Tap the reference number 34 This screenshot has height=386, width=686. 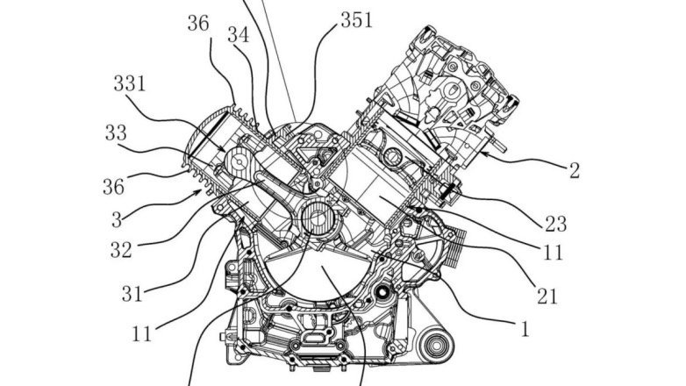[238, 35]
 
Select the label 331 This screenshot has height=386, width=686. [131, 85]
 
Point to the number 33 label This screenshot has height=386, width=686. [114, 133]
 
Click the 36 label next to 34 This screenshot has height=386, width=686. [198, 24]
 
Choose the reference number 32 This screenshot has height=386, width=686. [121, 250]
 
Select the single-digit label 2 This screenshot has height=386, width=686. [574, 170]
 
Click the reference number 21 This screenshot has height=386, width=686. [547, 297]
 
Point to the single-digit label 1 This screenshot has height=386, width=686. [525, 330]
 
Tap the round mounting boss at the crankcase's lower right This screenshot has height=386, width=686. [435, 355]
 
